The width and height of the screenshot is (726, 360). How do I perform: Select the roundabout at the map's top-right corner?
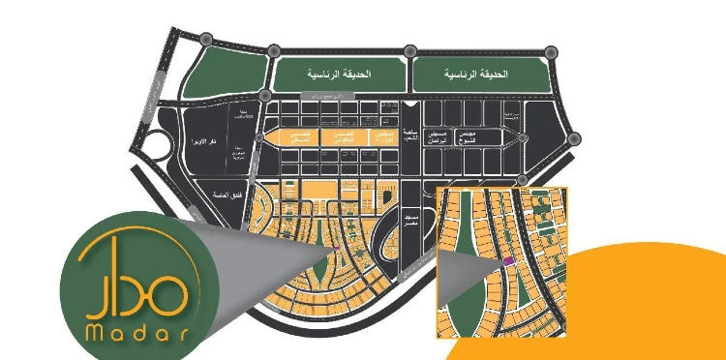[552, 50]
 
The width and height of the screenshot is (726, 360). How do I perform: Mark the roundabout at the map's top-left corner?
[206, 39]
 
